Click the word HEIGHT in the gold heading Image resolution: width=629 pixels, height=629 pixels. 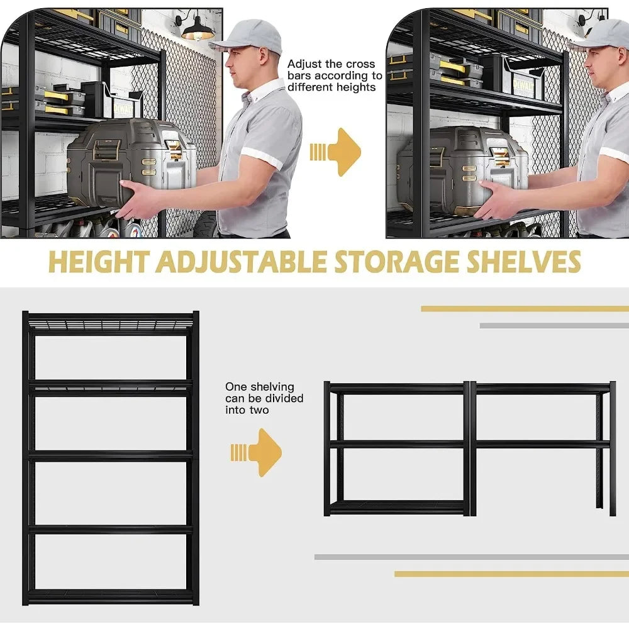coord(99,262)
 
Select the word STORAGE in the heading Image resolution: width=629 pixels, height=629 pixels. coord(396,262)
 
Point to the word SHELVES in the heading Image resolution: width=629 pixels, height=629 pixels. coord(524,262)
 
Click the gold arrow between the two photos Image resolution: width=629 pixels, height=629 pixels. coord(335,152)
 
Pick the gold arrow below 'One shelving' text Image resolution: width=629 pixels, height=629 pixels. coord(256,452)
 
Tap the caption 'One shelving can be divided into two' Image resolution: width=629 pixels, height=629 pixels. coord(264,398)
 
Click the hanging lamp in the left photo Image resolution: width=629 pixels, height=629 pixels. coord(198,29)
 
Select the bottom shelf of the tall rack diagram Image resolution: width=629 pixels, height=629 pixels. coord(110,595)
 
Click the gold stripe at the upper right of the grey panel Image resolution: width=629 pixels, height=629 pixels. coord(525,308)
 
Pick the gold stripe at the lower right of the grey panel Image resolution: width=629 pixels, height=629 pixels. coord(511,574)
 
